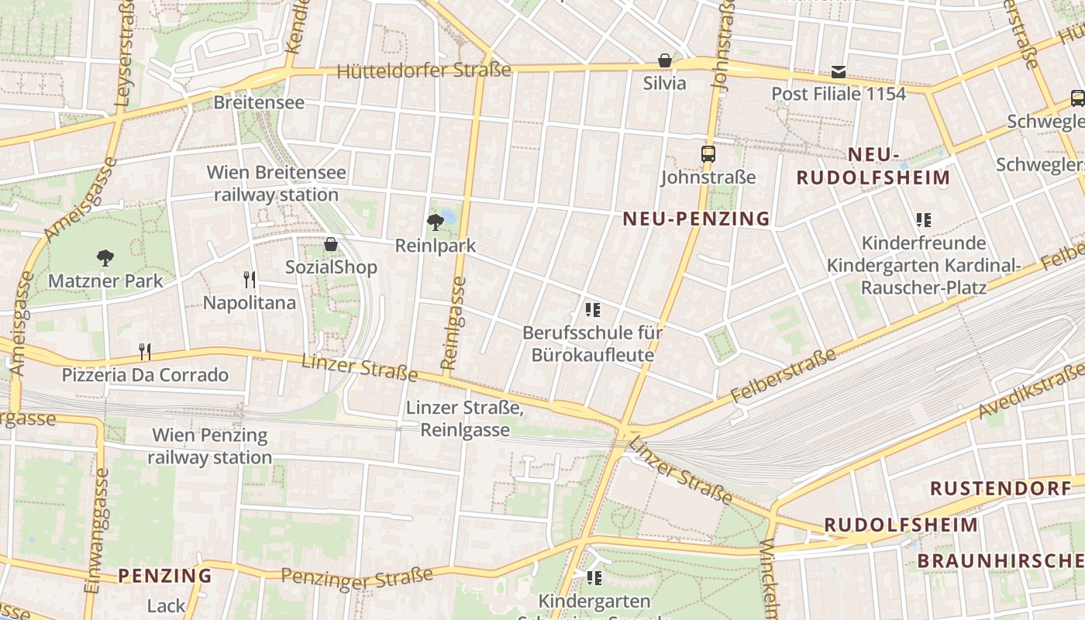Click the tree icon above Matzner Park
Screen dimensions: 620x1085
105,257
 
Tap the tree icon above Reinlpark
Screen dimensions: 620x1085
436,222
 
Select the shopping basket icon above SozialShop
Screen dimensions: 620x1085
331,244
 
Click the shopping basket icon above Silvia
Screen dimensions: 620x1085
664,60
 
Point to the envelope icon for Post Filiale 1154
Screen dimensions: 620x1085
838,72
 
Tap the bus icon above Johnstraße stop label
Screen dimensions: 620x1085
708,154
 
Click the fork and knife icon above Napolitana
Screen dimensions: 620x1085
249,279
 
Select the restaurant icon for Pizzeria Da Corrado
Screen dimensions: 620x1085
144,352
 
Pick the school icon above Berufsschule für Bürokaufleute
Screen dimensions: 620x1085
593,311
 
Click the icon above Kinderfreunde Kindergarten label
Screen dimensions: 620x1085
923,220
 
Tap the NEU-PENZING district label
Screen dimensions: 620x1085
697,219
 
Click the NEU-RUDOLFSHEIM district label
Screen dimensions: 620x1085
873,166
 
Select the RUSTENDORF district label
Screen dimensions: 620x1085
1001,488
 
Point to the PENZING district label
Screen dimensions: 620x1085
165,576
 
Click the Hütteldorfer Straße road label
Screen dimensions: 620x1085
424,71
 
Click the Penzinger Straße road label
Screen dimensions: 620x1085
356,577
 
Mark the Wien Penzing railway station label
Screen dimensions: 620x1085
210,446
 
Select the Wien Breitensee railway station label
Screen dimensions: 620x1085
276,184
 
